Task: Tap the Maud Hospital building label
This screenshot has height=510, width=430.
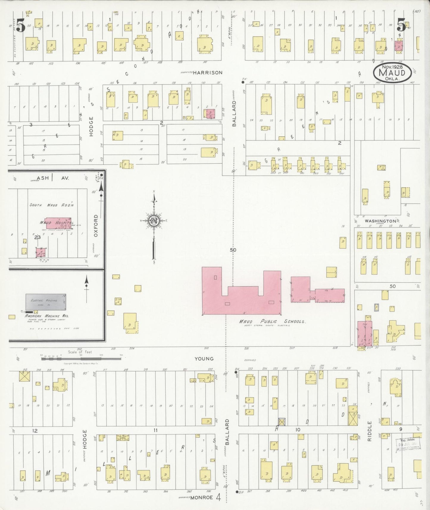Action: tap(57, 223)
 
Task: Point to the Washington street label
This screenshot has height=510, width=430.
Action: tap(380, 221)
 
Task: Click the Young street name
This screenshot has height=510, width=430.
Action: tap(204, 359)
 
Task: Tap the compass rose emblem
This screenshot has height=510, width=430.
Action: tap(154, 221)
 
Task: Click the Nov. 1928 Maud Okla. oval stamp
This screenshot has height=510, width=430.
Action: tap(393, 73)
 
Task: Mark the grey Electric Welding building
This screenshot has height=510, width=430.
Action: tap(46, 302)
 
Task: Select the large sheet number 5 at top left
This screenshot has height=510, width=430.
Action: tap(21, 26)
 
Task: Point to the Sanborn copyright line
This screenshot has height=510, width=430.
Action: tap(81, 364)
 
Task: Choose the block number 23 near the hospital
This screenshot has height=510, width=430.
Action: tap(37, 237)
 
